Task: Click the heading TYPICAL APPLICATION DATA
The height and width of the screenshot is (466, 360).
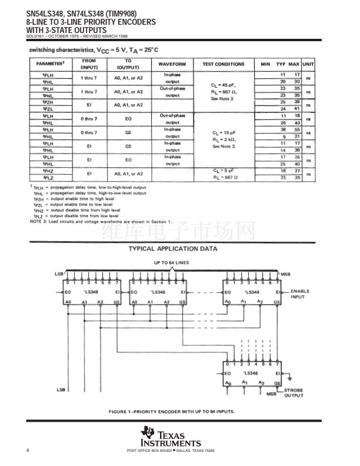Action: tap(172, 248)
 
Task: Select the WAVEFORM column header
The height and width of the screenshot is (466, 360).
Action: tap(172, 64)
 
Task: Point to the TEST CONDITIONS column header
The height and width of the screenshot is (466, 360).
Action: tap(223, 64)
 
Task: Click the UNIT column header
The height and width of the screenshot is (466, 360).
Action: tap(308, 64)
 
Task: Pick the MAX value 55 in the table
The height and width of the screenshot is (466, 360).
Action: tap(296, 129)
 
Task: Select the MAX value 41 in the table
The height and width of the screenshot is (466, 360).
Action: tap(296, 109)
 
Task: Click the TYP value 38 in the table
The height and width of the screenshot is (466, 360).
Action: tap(283, 129)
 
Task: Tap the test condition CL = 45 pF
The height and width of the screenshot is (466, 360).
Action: tap(223, 85)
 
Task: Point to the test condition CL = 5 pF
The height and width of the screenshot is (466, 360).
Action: tap(223, 171)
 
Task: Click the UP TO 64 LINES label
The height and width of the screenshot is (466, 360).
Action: tap(172, 262)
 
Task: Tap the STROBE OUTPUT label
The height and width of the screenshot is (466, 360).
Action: tap(294, 393)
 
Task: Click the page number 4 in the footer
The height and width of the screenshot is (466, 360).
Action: tap(28, 450)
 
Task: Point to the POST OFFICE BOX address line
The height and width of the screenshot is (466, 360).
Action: tap(171, 450)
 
